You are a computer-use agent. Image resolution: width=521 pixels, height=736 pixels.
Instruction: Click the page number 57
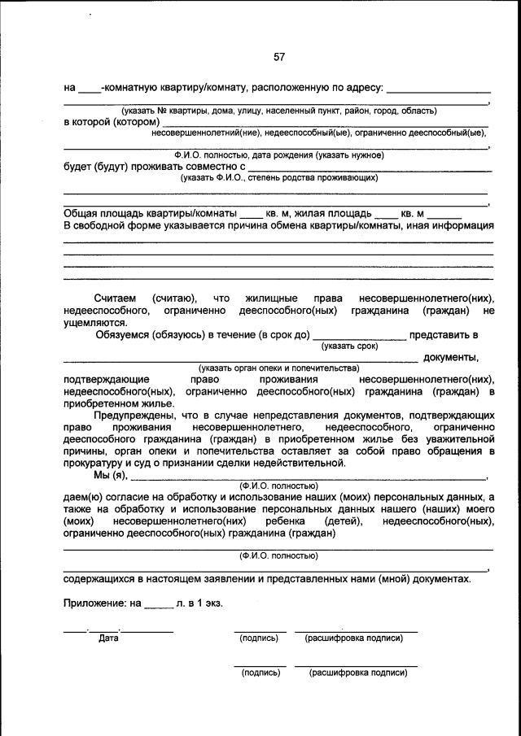(x=279, y=57)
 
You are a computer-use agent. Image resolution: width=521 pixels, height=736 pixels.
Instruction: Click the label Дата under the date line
(x=109, y=638)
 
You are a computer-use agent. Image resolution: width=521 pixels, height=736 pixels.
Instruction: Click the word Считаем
(x=117, y=298)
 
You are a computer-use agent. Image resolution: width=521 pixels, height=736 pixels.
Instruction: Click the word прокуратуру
(x=95, y=463)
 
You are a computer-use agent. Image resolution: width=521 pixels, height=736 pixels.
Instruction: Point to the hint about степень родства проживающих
(x=279, y=177)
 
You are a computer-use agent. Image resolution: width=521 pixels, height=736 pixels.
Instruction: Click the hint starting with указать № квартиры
(x=279, y=111)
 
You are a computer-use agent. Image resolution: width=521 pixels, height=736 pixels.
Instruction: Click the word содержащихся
(x=100, y=579)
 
